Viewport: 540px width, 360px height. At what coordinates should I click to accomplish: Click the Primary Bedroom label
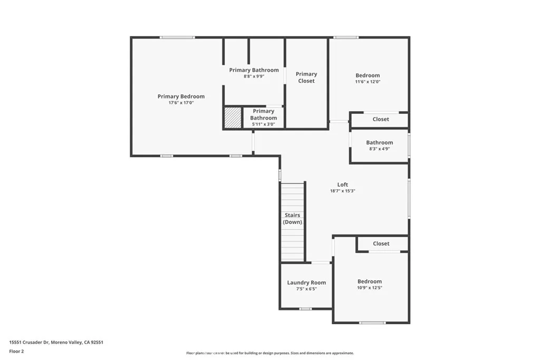(181, 96)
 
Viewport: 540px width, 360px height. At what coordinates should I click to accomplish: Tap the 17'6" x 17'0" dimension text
(181, 103)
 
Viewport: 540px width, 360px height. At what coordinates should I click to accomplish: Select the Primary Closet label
(306, 77)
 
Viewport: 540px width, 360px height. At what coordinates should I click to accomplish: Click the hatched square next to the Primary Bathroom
(233, 117)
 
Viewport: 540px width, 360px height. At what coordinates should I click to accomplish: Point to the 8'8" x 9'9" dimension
(254, 76)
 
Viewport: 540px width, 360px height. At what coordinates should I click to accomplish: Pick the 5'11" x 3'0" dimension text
(263, 124)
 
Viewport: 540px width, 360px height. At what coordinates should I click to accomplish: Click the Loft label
(343, 184)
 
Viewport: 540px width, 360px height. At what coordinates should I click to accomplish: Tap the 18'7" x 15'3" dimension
(343, 191)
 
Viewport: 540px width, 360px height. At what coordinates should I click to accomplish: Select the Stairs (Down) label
(293, 219)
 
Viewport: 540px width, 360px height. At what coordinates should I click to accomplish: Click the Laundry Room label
(306, 283)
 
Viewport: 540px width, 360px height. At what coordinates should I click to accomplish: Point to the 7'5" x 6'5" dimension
(306, 289)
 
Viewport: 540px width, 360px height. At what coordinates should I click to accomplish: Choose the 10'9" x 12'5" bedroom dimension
(370, 288)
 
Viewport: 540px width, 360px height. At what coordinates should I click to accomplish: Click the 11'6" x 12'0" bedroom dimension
(368, 82)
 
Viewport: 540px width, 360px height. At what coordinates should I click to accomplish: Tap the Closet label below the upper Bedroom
(381, 119)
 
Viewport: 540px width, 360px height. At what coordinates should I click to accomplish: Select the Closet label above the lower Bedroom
(381, 244)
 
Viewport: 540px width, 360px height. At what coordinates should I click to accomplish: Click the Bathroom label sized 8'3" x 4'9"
(380, 142)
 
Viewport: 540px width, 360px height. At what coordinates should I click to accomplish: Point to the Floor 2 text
(17, 351)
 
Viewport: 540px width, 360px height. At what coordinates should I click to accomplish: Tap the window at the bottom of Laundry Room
(305, 309)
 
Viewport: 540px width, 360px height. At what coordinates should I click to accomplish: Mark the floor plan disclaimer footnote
(269, 353)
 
